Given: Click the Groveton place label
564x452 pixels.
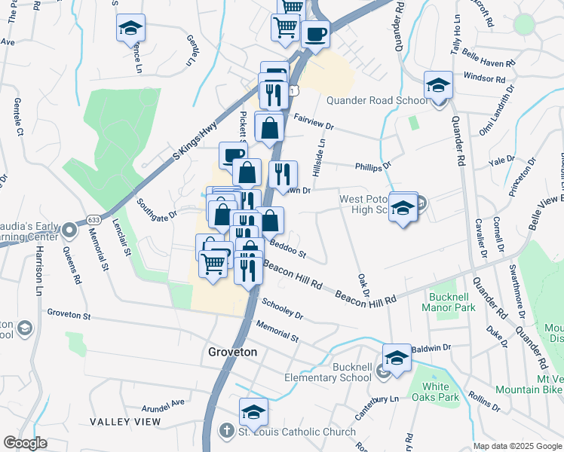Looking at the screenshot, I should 233,352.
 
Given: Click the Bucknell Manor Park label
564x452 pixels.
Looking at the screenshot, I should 452,302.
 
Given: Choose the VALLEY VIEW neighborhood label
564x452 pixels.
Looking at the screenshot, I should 125,421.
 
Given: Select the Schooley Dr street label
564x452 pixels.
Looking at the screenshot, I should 282,308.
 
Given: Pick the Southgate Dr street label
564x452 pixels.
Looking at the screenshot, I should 157,209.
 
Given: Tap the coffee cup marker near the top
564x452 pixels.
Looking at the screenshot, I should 314,34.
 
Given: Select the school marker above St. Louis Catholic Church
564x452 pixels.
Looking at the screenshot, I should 254,412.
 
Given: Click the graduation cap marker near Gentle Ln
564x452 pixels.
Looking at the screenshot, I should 130,28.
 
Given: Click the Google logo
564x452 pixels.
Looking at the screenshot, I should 25,443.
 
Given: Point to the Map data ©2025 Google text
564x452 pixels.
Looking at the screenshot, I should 516,446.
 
